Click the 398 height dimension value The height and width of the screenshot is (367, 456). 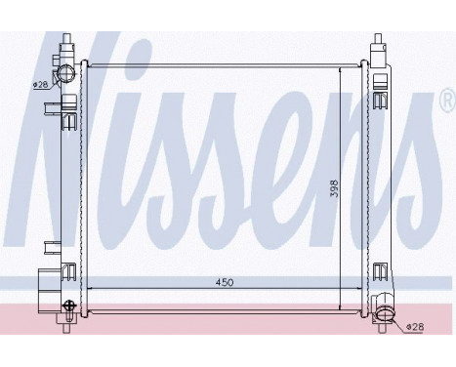(334, 185)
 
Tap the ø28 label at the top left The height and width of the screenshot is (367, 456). (41, 85)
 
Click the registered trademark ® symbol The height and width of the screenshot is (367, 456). (447, 100)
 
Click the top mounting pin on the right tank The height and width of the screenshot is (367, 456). (379, 42)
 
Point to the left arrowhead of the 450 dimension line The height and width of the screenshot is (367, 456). (88, 289)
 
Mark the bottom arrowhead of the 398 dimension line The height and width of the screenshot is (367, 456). (341, 304)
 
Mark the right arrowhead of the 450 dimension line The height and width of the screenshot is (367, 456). (362, 289)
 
